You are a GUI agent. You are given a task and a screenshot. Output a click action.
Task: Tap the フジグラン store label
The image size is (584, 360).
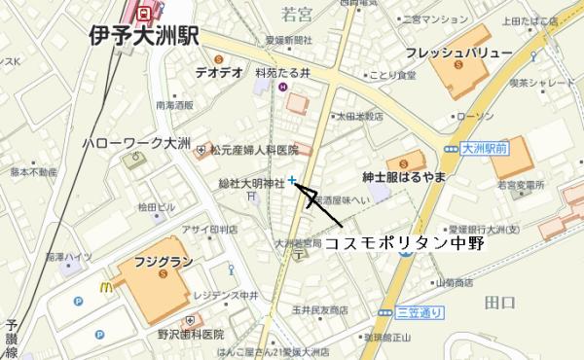click(x=159, y=262)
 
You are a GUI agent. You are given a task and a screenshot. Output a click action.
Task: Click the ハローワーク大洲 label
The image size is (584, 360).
click(x=135, y=142)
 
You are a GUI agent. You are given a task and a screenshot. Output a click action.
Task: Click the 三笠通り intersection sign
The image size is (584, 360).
click(x=420, y=312)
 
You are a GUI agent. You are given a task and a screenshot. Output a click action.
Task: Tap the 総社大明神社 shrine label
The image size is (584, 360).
click(x=251, y=182)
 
